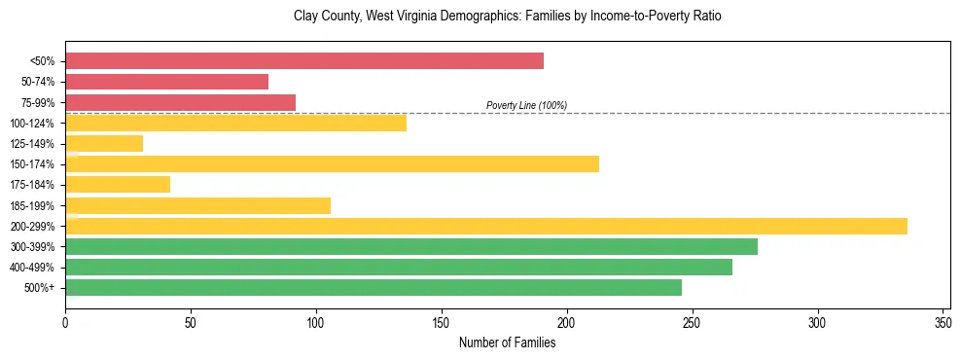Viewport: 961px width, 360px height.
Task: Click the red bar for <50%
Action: click(303, 61)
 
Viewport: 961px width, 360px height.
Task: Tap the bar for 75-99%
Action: click(180, 102)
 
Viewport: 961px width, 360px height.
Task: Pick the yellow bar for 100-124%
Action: click(235, 123)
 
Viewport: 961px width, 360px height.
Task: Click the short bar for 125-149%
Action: click(104, 144)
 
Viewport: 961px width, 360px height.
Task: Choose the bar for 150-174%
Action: click(332, 164)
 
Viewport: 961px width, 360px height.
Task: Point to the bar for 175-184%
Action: click(118, 185)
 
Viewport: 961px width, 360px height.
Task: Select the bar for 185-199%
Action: click(197, 205)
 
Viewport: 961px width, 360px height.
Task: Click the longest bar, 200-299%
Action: click(486, 226)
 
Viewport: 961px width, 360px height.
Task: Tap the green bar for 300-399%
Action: click(410, 246)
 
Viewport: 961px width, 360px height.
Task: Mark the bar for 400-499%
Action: click(398, 267)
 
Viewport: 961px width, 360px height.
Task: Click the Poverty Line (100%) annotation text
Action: click(526, 105)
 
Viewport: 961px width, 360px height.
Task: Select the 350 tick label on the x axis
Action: click(943, 320)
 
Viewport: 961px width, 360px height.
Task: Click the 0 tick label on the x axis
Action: click(65, 320)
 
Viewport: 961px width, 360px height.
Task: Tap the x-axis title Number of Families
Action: click(507, 342)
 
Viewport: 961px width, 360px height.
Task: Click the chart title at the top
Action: click(507, 17)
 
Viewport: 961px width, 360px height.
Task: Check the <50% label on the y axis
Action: click(43, 61)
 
